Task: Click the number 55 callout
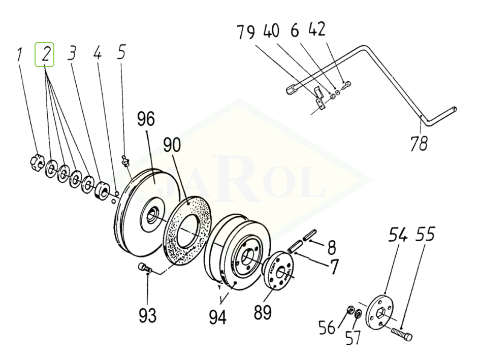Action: [x=425, y=236]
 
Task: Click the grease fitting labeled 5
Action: [x=124, y=161]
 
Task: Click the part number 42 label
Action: [x=316, y=31]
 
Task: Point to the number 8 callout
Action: [x=331, y=247]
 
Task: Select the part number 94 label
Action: [x=217, y=317]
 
